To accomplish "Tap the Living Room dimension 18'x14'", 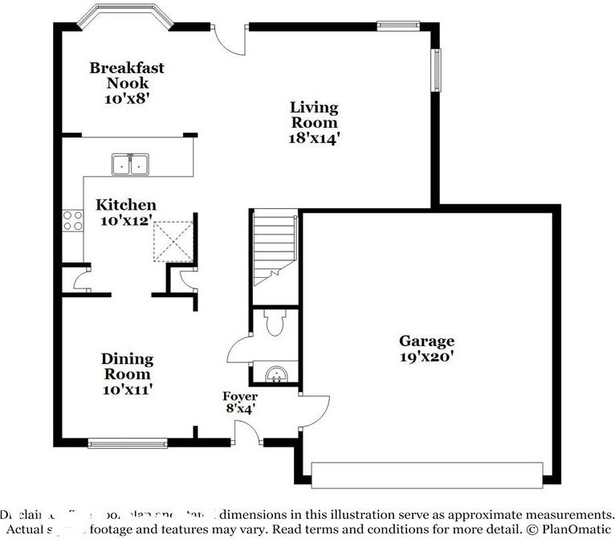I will point(314,137).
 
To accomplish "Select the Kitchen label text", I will point(126,205).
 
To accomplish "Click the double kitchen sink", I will point(130,164).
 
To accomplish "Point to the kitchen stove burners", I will point(72,220).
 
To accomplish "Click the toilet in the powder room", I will point(274,323).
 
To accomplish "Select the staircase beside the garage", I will point(275,245).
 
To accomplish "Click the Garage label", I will point(428,341).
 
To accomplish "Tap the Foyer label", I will point(240,397).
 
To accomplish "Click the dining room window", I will point(128,442).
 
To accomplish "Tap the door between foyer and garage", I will point(314,410).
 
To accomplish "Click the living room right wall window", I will point(437,70).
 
